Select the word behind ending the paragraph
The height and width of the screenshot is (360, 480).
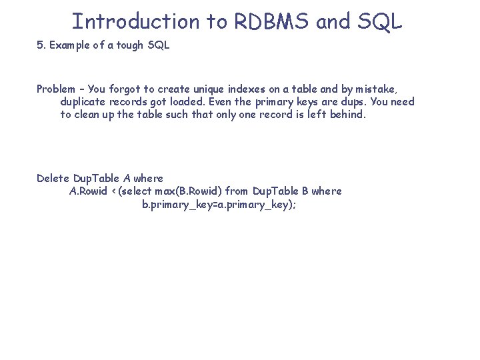tap(347, 114)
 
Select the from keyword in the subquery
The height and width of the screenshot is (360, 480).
tap(238, 191)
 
